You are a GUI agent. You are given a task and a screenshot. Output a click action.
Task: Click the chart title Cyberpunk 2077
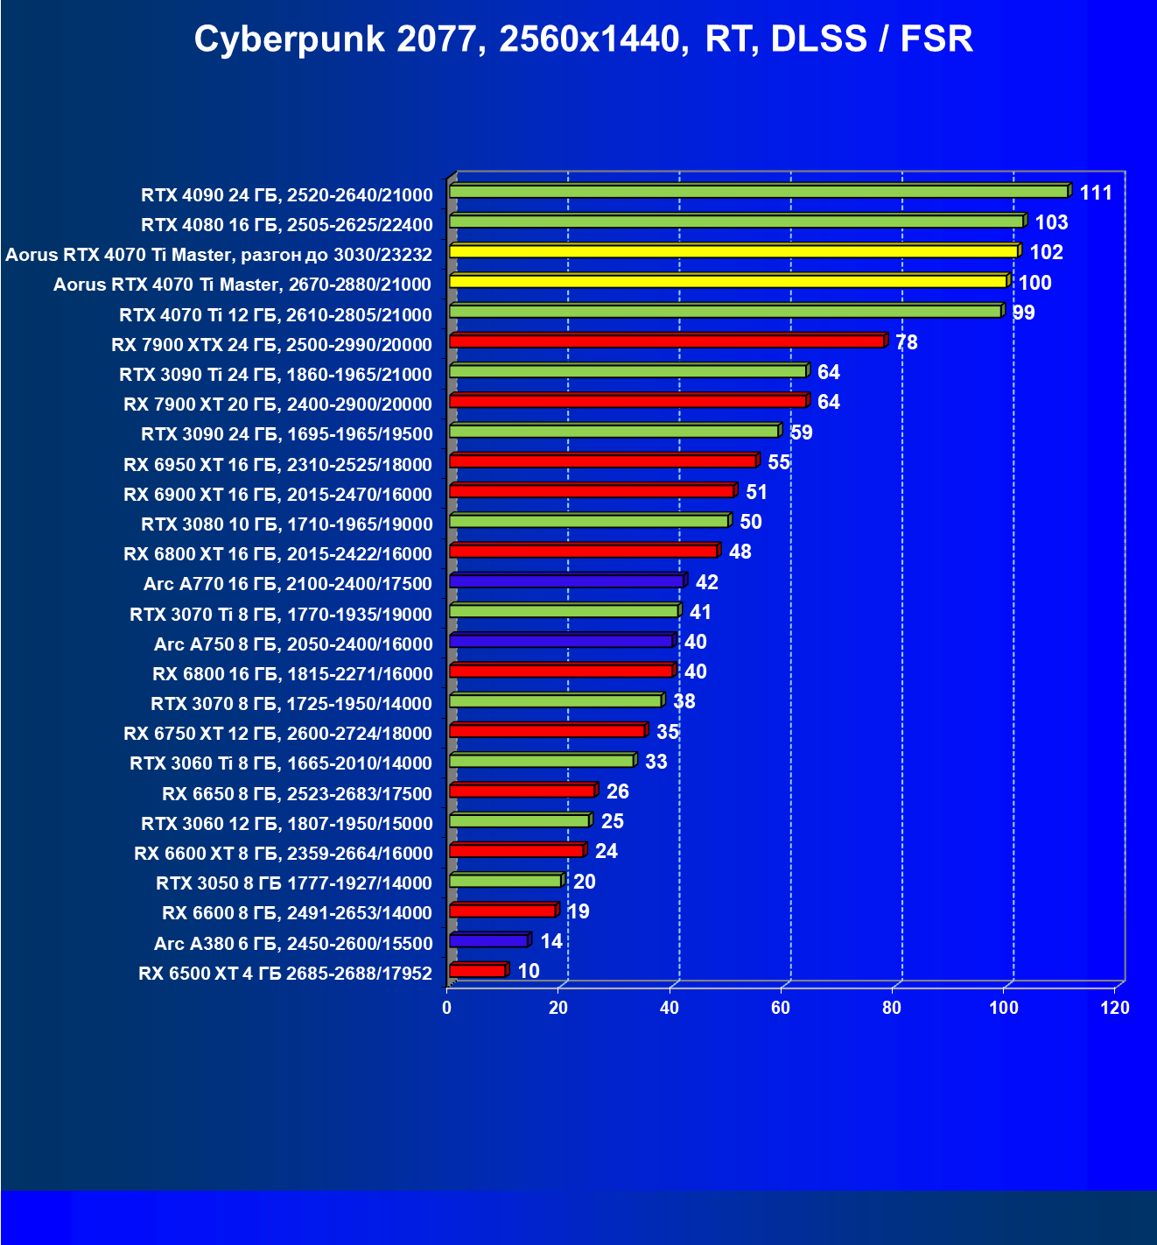point(583,39)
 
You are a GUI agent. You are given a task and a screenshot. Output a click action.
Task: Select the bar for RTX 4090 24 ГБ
point(758,192)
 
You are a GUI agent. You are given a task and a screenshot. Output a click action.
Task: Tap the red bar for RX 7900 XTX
point(667,341)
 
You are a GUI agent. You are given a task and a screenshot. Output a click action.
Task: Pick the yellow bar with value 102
point(733,252)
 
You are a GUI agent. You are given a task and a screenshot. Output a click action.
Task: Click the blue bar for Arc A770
point(566,581)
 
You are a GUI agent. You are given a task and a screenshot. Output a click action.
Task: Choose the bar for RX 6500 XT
point(478,971)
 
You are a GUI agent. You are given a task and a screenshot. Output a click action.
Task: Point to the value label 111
point(1096,193)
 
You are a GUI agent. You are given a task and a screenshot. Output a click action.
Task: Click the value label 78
point(907,342)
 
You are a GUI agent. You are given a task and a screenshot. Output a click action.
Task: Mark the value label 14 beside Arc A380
point(551,941)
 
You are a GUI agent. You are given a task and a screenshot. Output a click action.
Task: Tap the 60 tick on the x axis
point(781,1008)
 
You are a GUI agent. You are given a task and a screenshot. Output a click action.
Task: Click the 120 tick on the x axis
point(1115,1008)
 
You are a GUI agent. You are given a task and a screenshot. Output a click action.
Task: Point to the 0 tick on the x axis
point(447,1008)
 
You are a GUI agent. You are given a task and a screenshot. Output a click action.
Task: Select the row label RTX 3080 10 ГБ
point(286,524)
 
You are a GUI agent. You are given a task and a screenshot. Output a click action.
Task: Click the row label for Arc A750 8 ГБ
point(293,644)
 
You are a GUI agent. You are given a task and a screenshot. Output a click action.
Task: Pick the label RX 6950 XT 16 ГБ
point(277,465)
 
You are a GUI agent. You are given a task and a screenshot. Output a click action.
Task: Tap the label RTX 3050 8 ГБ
point(294,883)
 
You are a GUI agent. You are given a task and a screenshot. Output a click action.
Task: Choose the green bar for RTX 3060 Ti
point(542,761)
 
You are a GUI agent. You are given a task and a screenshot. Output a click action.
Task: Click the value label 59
point(801,433)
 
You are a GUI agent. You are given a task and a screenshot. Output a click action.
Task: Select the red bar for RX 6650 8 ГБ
point(522,791)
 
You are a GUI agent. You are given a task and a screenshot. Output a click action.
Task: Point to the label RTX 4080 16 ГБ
point(286,225)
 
